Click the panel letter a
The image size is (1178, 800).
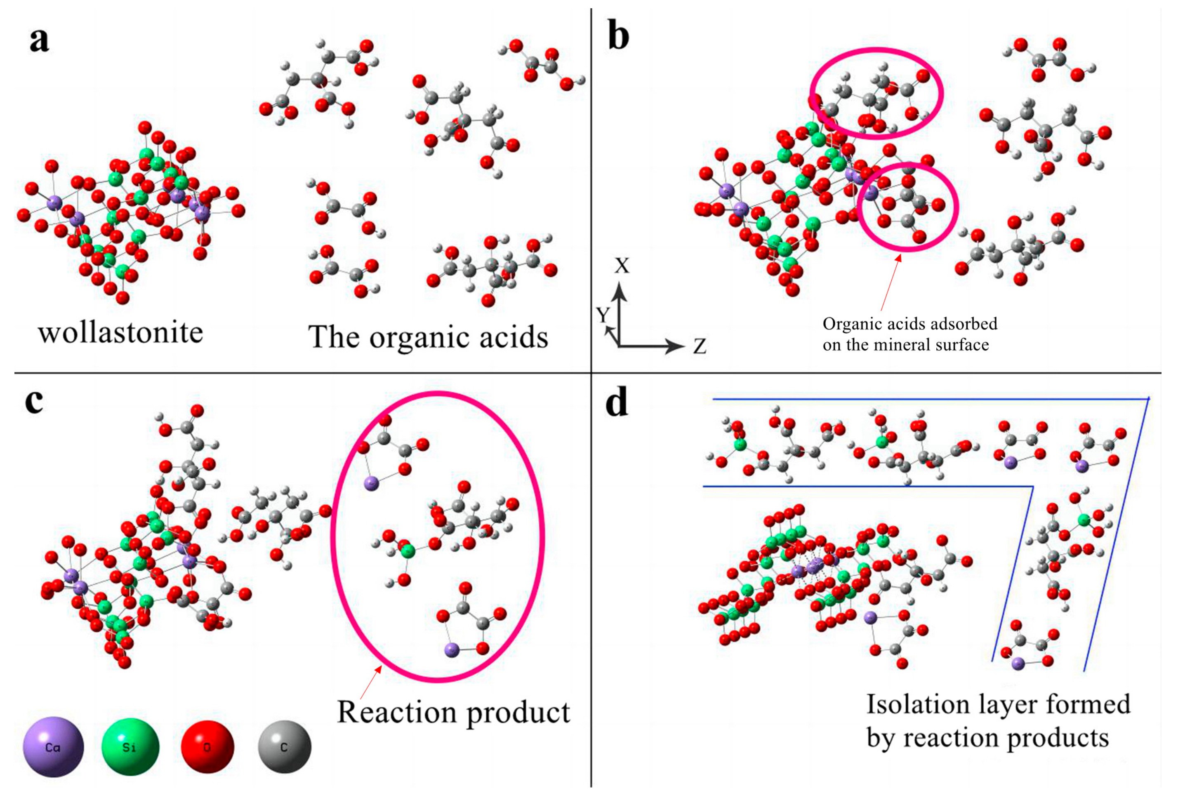point(39,40)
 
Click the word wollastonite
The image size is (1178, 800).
point(120,333)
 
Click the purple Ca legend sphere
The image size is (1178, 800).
point(53,746)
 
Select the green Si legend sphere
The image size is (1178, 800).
point(130,746)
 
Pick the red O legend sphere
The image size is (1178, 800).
point(207,746)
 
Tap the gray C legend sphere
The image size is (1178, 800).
point(284,746)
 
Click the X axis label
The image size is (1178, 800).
point(622,266)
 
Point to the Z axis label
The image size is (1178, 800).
point(700,346)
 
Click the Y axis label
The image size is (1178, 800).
point(602,315)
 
